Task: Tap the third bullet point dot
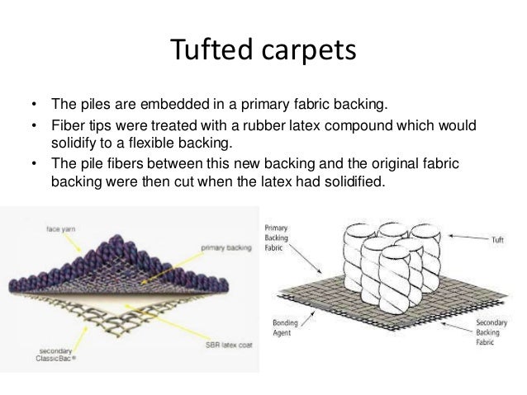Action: coord(33,165)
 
